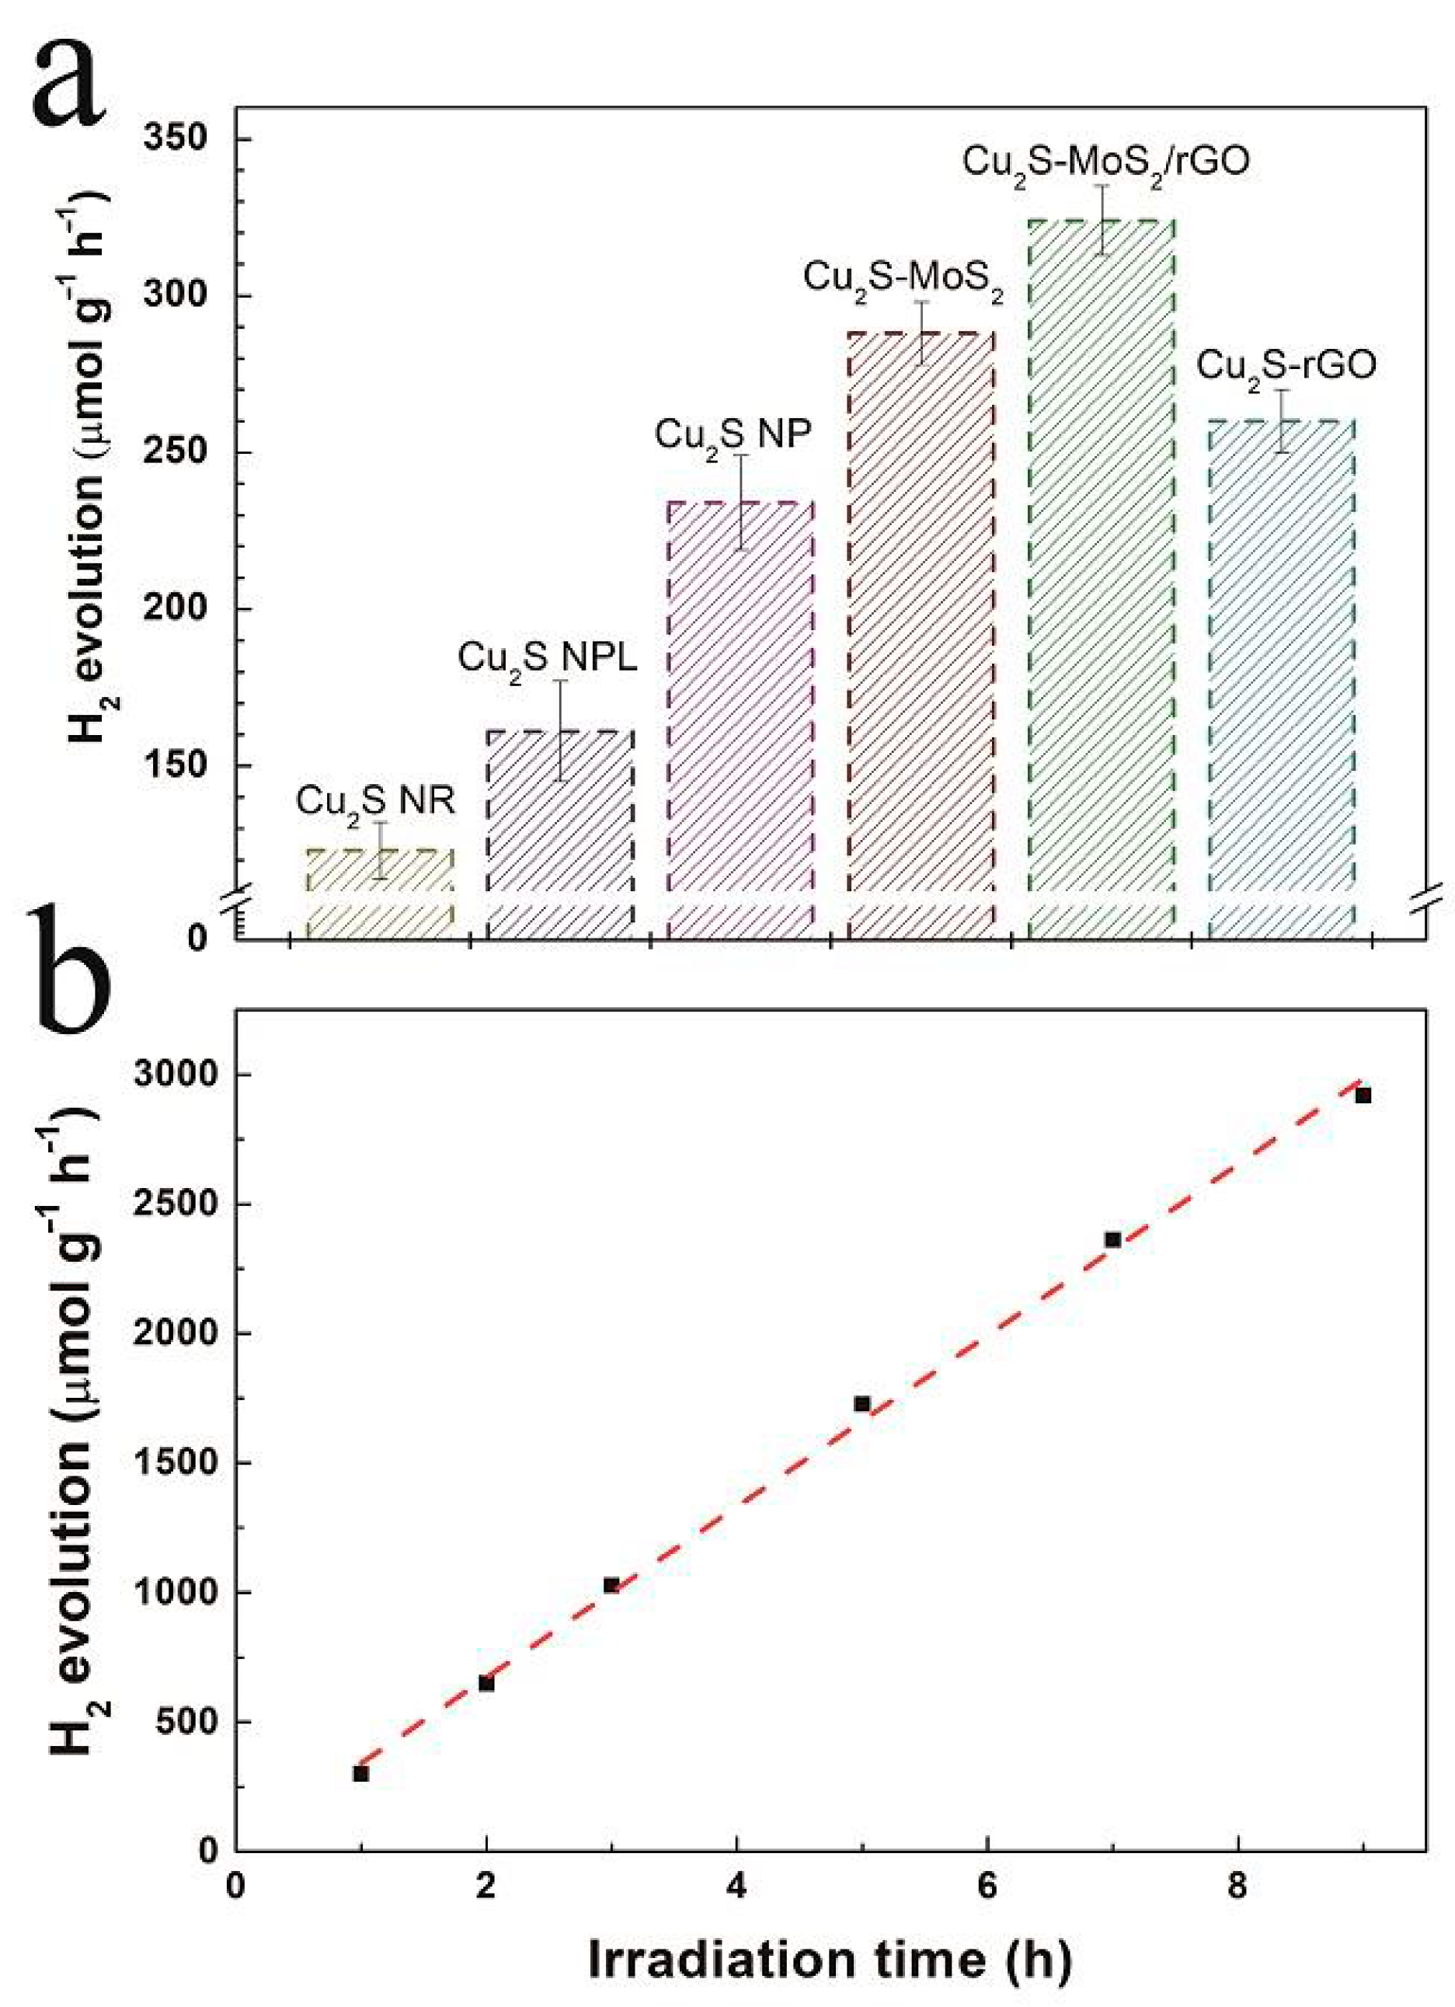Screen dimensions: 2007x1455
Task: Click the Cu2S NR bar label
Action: (x=375, y=802)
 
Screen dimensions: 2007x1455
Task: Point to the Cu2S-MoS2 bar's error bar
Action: (x=921, y=333)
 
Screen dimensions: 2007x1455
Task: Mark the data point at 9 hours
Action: (x=1363, y=1096)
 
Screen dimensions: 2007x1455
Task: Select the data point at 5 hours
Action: (x=862, y=1403)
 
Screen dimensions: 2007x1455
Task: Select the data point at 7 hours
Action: (x=1112, y=1240)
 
